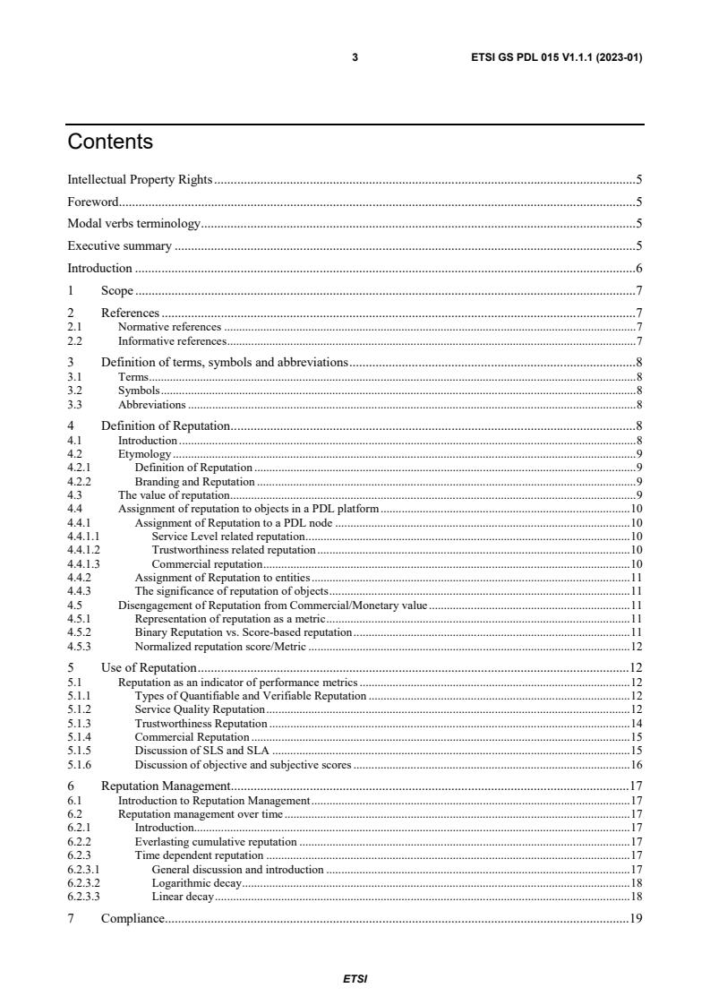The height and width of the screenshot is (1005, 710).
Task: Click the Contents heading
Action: point(110,142)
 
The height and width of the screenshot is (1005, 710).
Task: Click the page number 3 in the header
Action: point(355,57)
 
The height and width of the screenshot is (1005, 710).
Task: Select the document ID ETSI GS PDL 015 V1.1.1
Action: point(556,57)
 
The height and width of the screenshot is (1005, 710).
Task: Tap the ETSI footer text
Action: point(355,979)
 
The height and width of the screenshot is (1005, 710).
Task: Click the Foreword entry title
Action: point(93,202)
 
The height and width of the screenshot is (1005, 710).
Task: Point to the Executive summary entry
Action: point(120,245)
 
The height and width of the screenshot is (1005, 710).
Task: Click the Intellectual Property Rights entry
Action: point(140,179)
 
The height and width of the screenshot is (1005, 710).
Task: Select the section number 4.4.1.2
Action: point(83,549)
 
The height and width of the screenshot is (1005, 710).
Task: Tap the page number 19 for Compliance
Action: point(636,918)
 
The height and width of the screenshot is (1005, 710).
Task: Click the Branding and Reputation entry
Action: point(194,481)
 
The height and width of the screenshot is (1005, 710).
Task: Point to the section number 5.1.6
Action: point(80,765)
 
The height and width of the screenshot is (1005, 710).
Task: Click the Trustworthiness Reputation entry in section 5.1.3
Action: point(201,723)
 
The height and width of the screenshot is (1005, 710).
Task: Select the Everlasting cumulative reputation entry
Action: point(215,842)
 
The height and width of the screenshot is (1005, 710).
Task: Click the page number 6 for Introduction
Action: point(638,268)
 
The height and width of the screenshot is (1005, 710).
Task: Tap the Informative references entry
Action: point(172,340)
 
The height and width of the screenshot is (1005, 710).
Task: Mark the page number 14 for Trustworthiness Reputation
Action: point(636,723)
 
